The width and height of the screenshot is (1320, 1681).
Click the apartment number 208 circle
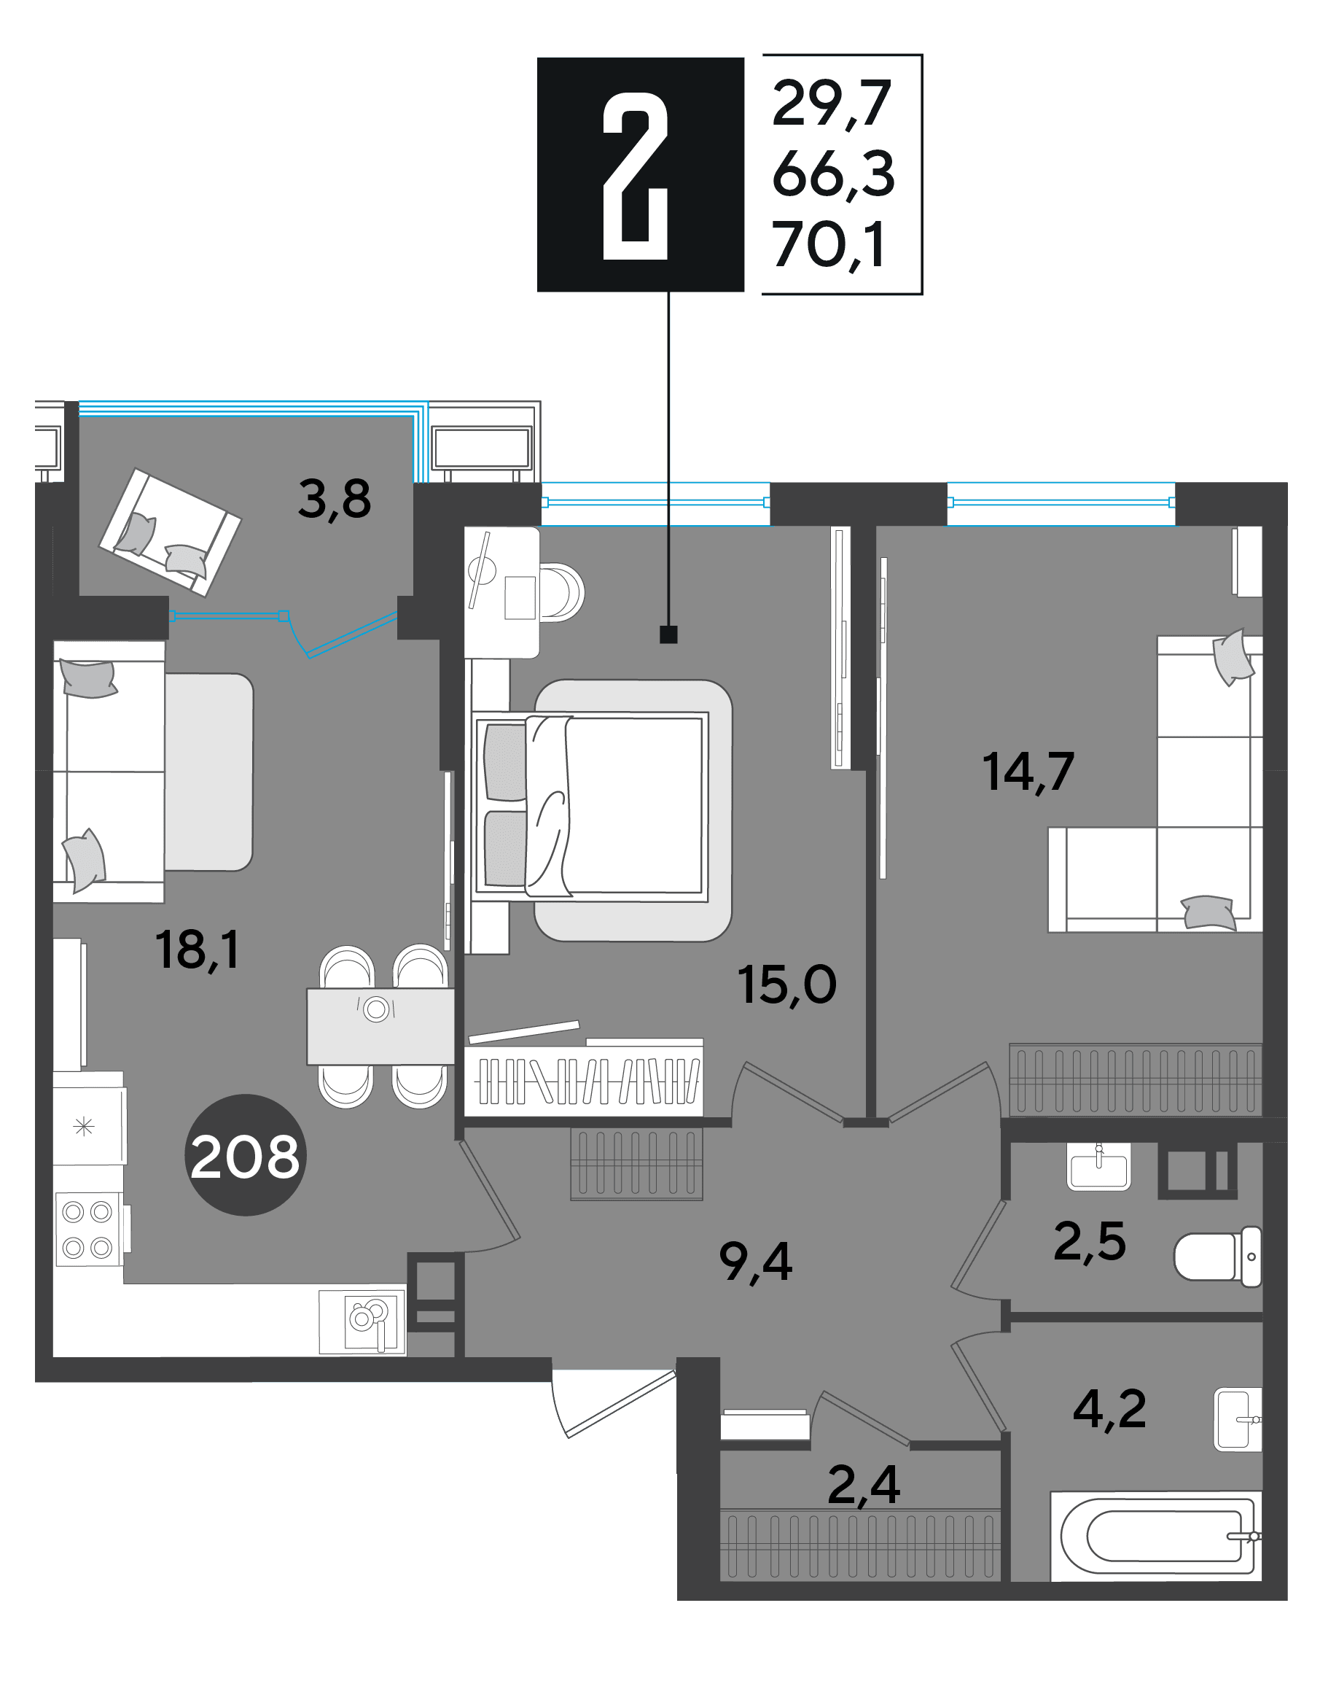(245, 1155)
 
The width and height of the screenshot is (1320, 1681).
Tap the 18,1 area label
(198, 950)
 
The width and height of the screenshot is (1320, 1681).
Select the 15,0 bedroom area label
(786, 986)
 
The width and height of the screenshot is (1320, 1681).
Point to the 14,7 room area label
(1028, 772)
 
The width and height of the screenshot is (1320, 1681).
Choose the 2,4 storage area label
(863, 1485)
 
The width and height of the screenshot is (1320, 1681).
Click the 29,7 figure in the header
(832, 104)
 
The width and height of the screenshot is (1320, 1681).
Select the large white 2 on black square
(636, 176)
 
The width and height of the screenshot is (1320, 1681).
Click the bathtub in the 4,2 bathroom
(1155, 1537)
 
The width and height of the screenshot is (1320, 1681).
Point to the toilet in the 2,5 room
(1218, 1257)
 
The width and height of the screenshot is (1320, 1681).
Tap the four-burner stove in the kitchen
(88, 1230)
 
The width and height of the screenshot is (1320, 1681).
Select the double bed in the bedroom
(591, 806)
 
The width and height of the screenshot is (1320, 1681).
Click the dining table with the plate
(380, 1026)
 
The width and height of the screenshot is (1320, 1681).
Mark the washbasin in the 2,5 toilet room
(1098, 1166)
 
